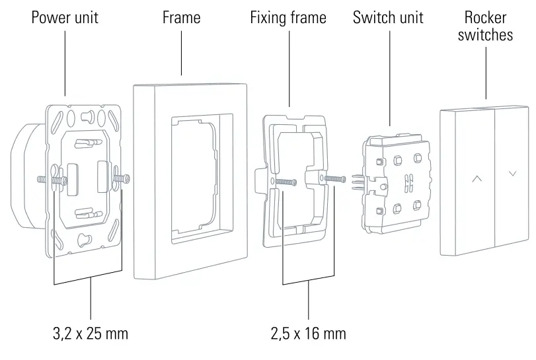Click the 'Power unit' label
65,17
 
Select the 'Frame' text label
181,17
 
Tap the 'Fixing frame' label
288,17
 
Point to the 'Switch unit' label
388,17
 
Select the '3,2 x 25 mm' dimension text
90,334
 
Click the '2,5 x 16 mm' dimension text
308,334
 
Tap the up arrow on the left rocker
477,178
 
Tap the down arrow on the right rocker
513,174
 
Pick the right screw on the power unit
121,178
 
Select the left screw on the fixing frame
283,182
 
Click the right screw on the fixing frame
335,178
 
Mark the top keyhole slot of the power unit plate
85,118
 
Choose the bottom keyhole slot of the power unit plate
84,238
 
